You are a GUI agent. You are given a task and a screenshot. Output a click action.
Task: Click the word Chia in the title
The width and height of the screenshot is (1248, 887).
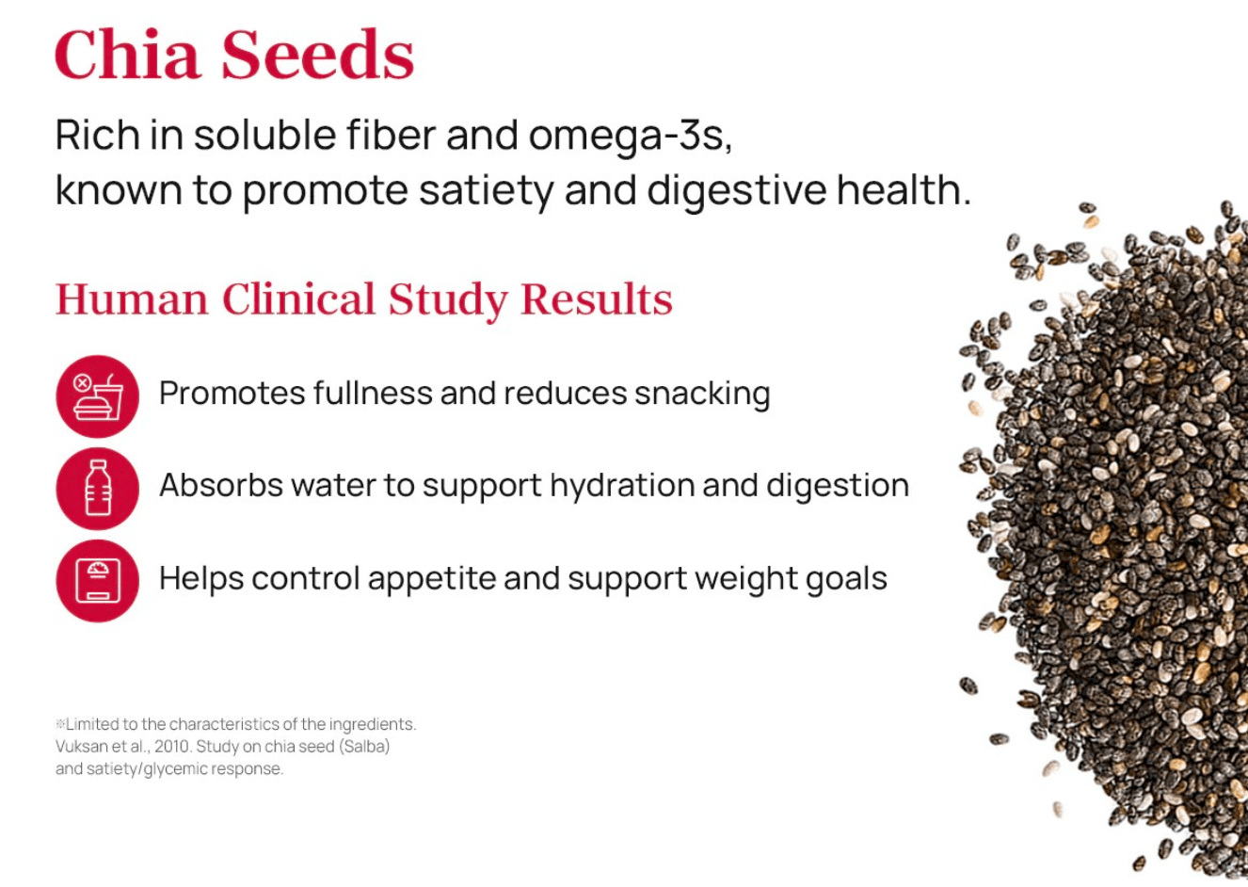pyautogui.click(x=128, y=54)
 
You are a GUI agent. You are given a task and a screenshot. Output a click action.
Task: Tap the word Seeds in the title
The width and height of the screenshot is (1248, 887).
pyautogui.click(x=318, y=54)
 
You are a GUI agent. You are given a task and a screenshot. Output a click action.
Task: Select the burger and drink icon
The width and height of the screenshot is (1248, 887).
pyautogui.click(x=98, y=396)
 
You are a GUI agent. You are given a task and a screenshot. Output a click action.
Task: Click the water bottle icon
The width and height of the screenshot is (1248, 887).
pyautogui.click(x=98, y=489)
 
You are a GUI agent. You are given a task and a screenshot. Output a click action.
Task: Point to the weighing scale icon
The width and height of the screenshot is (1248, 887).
pyautogui.click(x=98, y=581)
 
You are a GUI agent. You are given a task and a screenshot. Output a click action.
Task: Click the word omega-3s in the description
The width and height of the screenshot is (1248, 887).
pyautogui.click(x=631, y=136)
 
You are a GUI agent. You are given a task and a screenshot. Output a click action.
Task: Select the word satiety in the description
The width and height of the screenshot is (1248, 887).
pyautogui.click(x=486, y=190)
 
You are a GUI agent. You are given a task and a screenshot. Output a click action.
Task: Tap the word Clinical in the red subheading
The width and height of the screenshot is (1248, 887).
pyautogui.click(x=298, y=299)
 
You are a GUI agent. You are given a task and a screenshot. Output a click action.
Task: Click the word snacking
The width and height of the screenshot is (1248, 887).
pyautogui.click(x=702, y=395)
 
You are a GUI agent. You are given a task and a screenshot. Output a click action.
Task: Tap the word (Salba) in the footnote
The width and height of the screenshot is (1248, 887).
pyautogui.click(x=364, y=746)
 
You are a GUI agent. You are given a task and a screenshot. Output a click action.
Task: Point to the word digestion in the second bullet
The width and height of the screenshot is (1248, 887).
pyautogui.click(x=838, y=486)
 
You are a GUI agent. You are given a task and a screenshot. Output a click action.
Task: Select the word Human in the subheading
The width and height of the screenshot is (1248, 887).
pyautogui.click(x=132, y=299)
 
